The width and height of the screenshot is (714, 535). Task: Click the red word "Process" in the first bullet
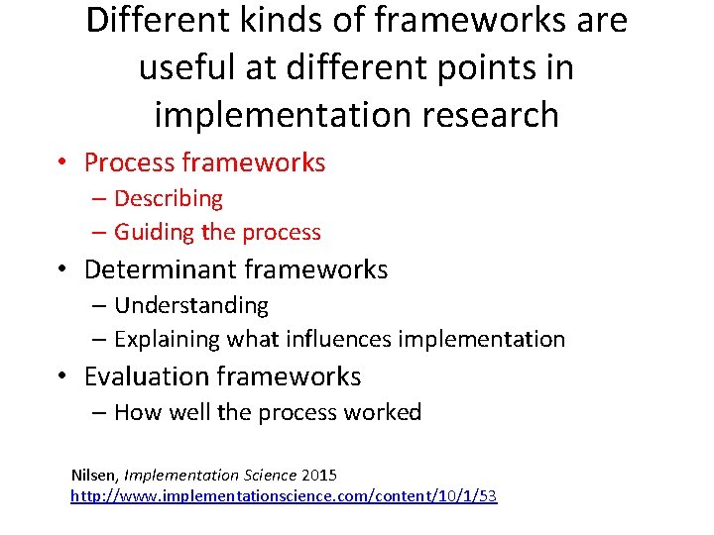coord(133,162)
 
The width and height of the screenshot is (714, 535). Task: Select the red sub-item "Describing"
coord(169,198)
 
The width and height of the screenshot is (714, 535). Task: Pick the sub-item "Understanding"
coord(191,305)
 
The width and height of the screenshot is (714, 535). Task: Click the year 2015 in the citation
coord(317,476)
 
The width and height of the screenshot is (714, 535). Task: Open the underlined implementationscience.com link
coord(284,495)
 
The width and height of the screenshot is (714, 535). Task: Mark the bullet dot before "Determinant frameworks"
coord(61,270)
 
